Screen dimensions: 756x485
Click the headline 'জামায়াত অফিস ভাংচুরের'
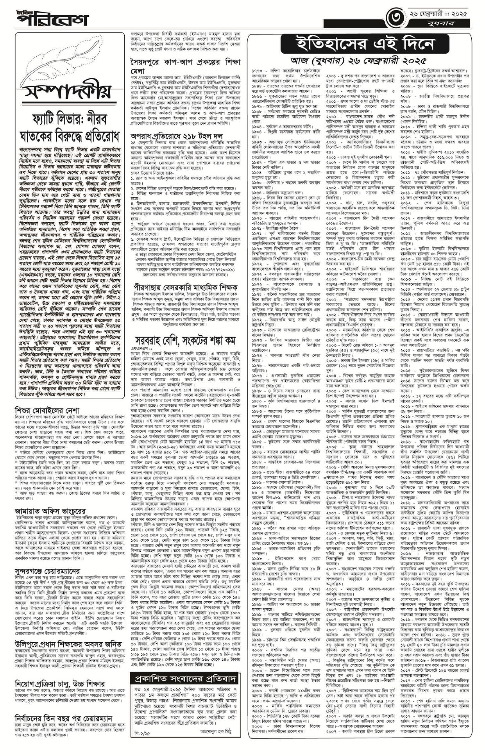click(x=50, y=511)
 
